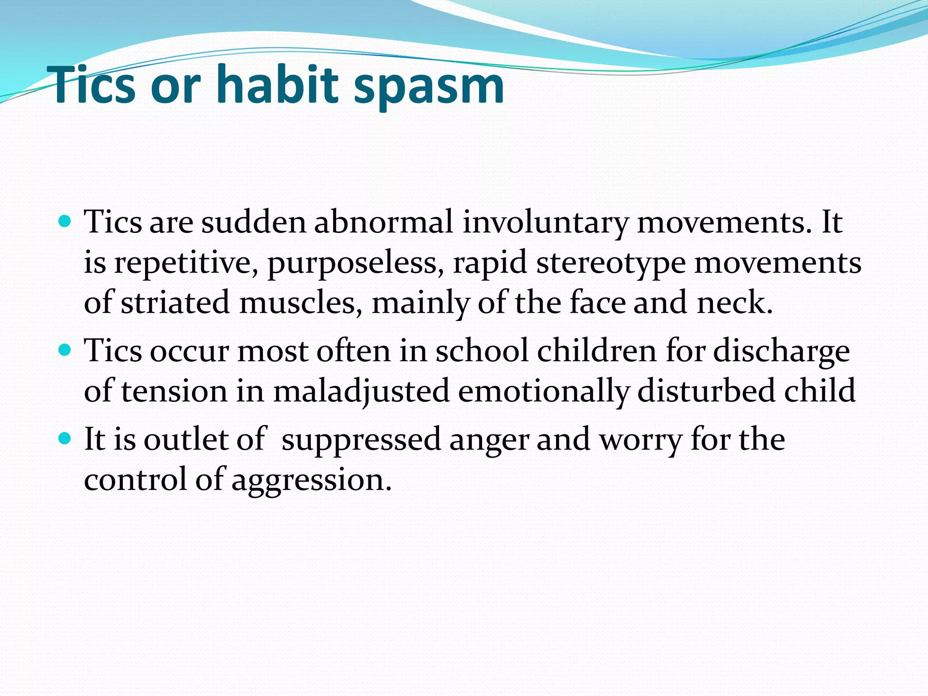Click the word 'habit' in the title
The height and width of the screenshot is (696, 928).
(x=277, y=85)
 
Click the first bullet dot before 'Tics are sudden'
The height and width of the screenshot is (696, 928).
(x=65, y=222)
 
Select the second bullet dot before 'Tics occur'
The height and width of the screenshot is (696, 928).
(x=65, y=350)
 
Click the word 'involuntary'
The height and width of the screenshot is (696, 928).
(x=545, y=223)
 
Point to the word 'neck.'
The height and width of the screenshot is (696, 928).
(x=735, y=303)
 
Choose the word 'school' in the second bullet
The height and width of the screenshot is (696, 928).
(x=482, y=351)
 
